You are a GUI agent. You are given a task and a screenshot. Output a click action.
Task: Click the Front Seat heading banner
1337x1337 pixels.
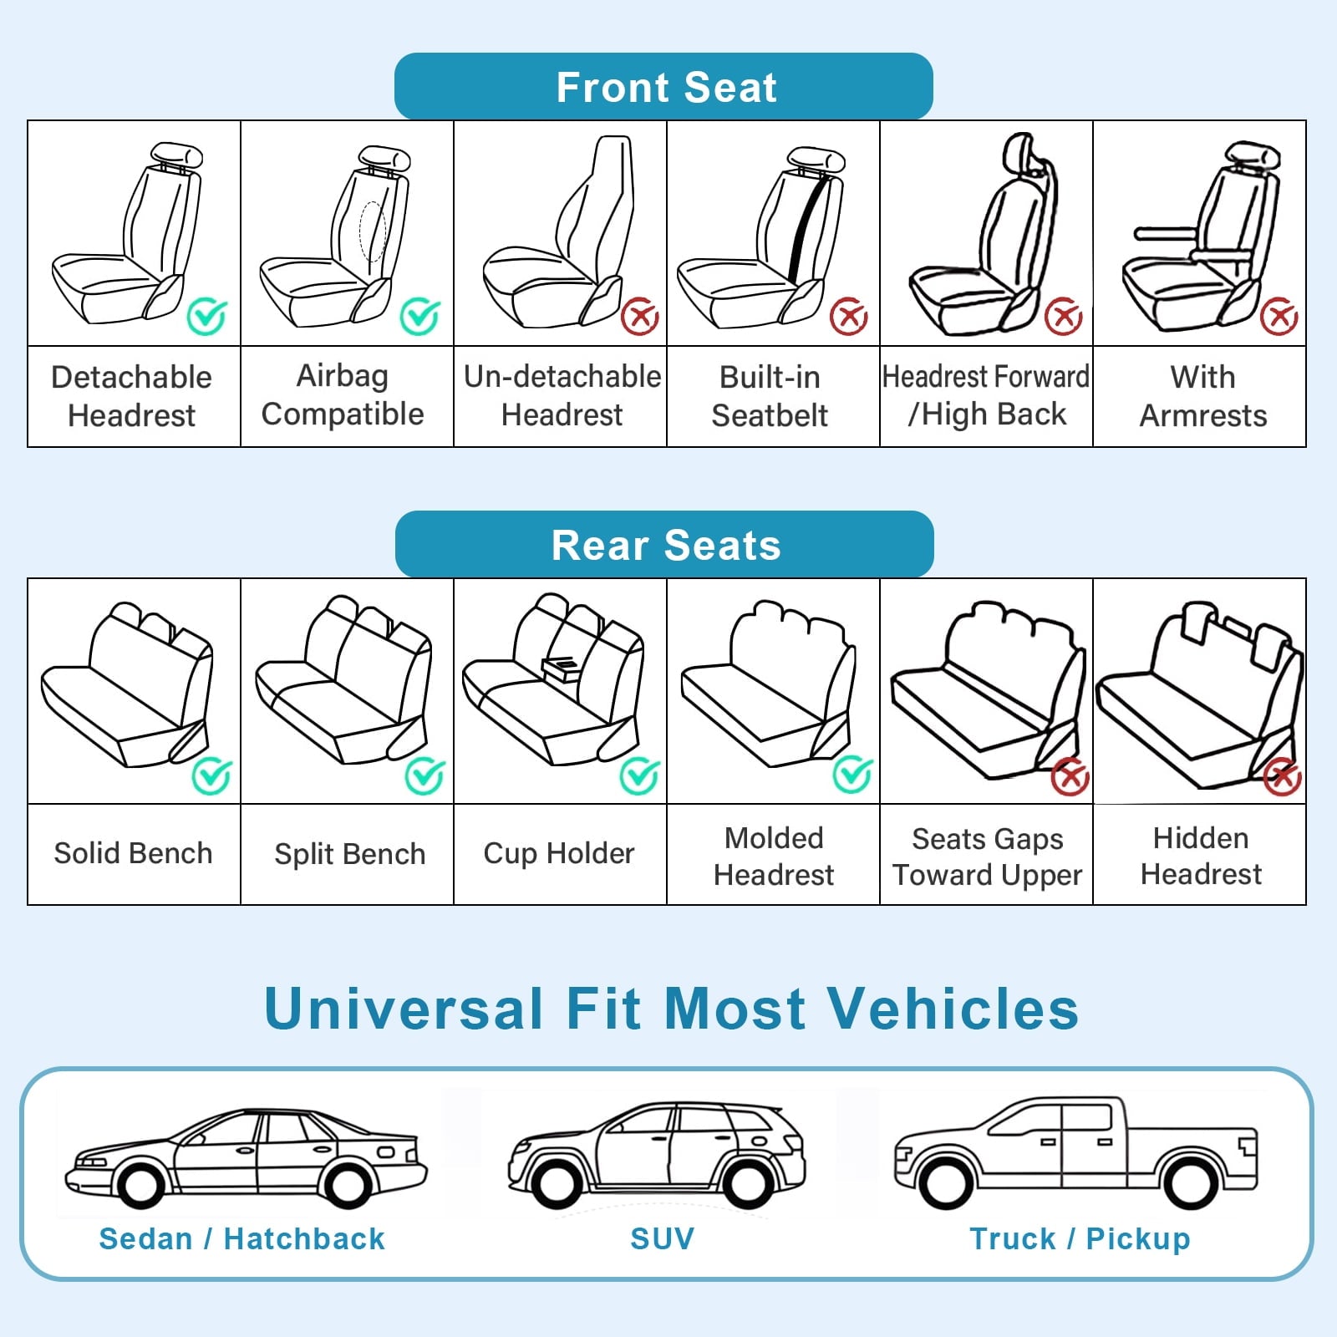pyautogui.click(x=663, y=86)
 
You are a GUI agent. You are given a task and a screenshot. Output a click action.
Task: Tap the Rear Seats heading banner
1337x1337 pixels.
pyautogui.click(x=664, y=544)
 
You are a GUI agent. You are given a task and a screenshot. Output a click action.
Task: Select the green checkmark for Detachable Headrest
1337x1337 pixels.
pyautogui.click(x=206, y=316)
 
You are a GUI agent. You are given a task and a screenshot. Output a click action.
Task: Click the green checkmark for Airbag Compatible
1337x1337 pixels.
pyautogui.click(x=419, y=316)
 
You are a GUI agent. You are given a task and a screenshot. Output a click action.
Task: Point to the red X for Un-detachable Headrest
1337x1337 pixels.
pyautogui.click(x=640, y=316)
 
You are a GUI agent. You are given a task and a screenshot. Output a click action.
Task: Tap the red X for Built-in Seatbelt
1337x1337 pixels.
pyautogui.click(x=849, y=316)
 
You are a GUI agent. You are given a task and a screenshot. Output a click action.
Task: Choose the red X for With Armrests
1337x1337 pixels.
pyautogui.click(x=1279, y=316)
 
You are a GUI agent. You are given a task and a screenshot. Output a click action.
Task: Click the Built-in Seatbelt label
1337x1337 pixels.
pyautogui.click(x=770, y=396)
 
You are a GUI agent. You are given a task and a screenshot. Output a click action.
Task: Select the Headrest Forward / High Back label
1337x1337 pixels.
pyautogui.click(x=986, y=396)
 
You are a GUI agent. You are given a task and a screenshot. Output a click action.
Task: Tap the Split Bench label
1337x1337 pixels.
pyautogui.click(x=350, y=854)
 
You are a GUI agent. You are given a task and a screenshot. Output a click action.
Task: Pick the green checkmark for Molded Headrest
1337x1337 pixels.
pyautogui.click(x=853, y=775)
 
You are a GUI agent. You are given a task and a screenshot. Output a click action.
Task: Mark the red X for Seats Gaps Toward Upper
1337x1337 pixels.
pyautogui.click(x=1070, y=777)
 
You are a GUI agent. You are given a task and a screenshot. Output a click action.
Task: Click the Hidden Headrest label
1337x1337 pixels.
pyautogui.click(x=1201, y=856)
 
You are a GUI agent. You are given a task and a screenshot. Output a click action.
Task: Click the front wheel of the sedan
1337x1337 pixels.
pyautogui.click(x=140, y=1182)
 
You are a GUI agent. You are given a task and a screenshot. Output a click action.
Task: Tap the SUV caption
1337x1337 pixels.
pyautogui.click(x=662, y=1238)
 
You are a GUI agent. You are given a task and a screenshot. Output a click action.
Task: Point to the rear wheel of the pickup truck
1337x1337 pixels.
pyautogui.click(x=1190, y=1182)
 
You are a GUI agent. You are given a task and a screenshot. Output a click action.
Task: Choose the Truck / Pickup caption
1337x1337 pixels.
pyautogui.click(x=1080, y=1238)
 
